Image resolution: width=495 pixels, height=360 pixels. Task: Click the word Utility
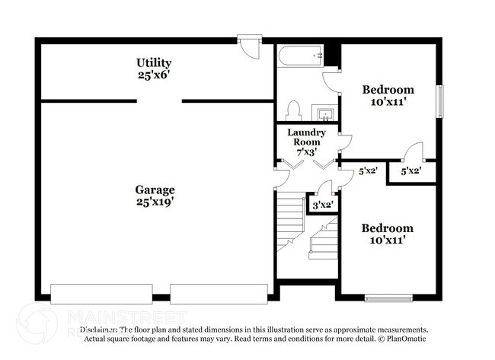[154, 62]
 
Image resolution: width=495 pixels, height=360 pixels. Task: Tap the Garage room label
[155, 190]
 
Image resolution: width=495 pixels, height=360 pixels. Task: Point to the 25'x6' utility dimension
[154, 75]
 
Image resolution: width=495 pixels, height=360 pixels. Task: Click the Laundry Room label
[306, 137]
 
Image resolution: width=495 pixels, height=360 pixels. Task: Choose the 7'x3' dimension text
[306, 151]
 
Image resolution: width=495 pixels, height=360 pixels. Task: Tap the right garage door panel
[219, 293]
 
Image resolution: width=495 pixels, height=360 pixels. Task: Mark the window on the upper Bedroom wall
[439, 101]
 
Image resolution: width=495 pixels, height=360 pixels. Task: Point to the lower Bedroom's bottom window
[388, 298]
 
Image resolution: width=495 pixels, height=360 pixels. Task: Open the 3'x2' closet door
[325, 188]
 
